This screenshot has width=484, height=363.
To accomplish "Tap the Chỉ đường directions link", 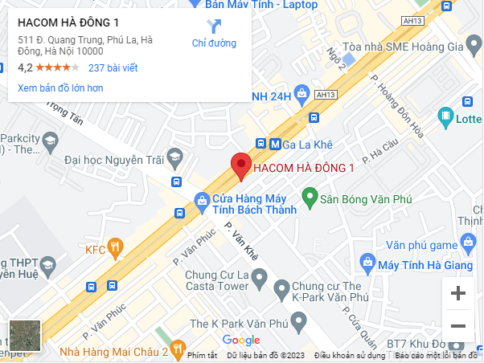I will pyautogui.click(x=214, y=34).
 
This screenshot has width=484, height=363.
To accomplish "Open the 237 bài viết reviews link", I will pyautogui.click(x=113, y=68).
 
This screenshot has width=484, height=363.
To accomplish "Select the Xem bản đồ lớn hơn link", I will pyautogui.click(x=60, y=88).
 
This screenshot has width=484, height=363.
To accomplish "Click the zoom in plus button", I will pyautogui.click(x=458, y=294).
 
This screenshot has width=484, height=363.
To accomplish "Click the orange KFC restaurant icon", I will pyautogui.click(x=117, y=249).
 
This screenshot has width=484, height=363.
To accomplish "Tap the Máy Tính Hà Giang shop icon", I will pyautogui.click(x=367, y=262).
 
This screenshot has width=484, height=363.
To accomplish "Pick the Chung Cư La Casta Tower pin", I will pyautogui.click(x=259, y=279).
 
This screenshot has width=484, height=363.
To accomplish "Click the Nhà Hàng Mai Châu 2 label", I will pyautogui.click(x=113, y=351).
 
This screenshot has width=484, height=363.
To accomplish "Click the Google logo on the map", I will pyautogui.click(x=240, y=341).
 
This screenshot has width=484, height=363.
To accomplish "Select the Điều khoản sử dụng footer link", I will pyautogui.click(x=350, y=355).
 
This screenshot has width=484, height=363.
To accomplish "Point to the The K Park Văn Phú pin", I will pyautogui.click(x=298, y=323).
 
